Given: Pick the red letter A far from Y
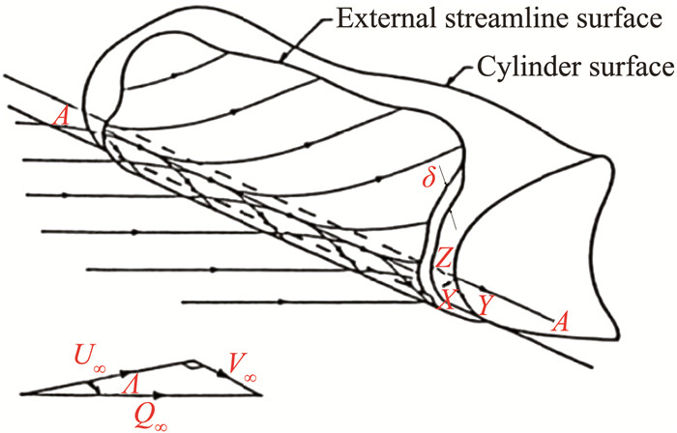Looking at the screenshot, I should [x=61, y=120].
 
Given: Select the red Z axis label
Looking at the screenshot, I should [x=442, y=258].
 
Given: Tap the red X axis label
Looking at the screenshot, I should [x=445, y=301].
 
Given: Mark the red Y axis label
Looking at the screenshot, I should [x=485, y=303].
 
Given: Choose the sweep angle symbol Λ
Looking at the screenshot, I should [x=128, y=384].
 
